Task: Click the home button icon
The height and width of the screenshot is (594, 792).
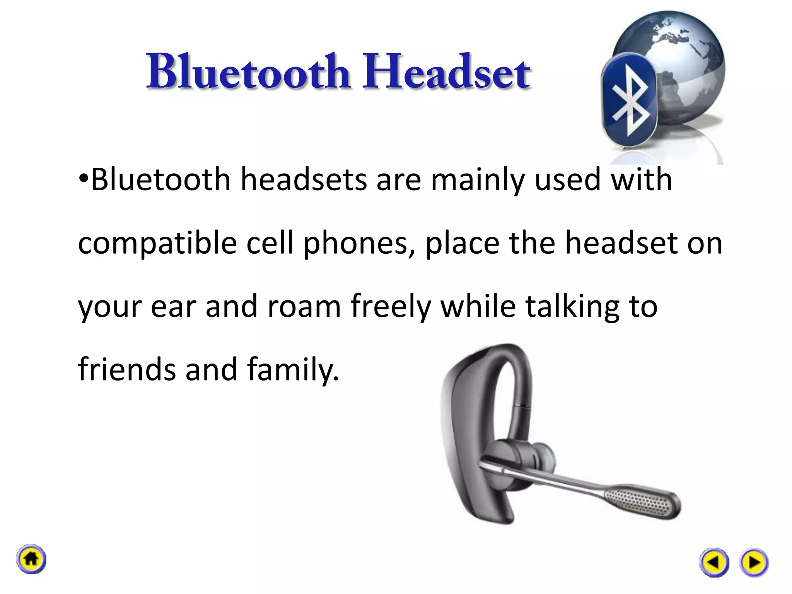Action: point(31,559)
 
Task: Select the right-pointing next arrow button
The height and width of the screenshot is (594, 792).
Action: point(754,562)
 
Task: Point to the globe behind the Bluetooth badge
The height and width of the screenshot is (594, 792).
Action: point(681,58)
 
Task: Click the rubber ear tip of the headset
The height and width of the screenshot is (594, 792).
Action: point(545,456)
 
